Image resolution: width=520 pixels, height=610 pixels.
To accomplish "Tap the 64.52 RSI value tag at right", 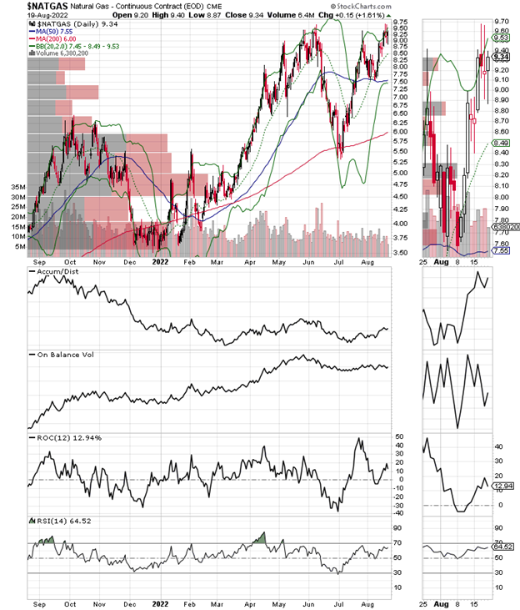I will tap(501, 547).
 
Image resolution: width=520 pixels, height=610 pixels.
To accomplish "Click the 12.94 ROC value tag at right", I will tap(501, 485).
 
